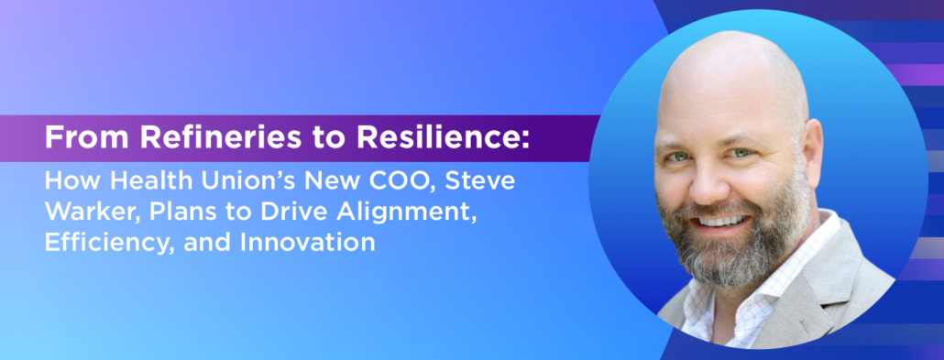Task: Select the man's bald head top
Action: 724,64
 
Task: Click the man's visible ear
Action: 810,151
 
